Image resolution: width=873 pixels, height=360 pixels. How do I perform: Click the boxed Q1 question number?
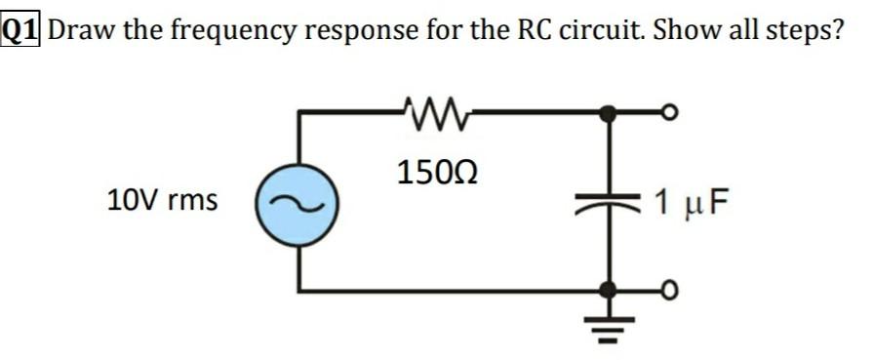click(22, 28)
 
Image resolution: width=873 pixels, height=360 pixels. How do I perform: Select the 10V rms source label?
click(162, 202)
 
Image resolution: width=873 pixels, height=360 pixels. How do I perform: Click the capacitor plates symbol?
click(609, 203)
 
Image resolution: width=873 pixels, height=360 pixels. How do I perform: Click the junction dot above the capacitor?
click(609, 113)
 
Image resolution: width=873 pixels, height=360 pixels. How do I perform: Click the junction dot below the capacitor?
click(609, 290)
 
